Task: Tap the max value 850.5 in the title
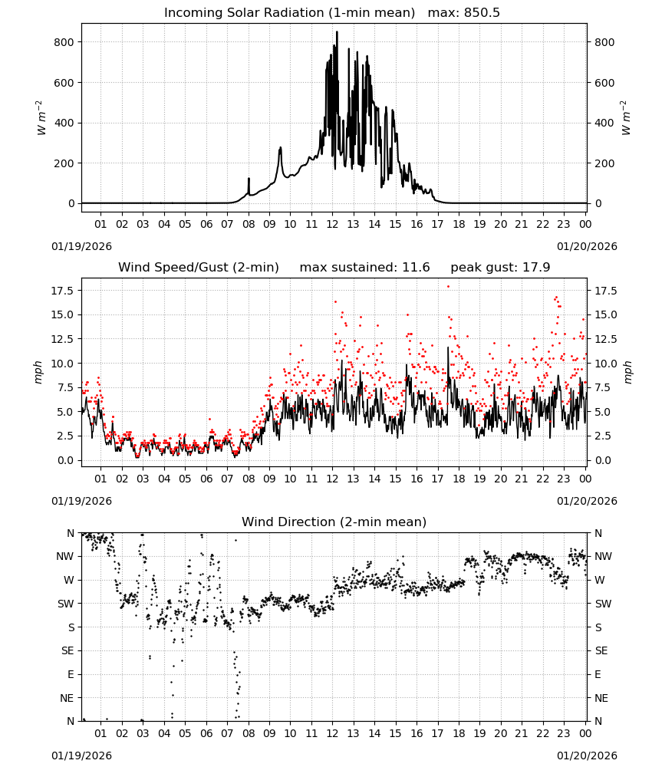482,13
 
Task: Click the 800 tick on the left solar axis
64,42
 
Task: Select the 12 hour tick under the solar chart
333,224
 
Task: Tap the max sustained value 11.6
416,268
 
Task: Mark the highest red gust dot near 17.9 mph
448,287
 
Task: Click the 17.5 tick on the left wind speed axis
62,291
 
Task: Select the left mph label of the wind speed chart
38,372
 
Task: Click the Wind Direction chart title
334,522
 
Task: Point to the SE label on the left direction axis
68,650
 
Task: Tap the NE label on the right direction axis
601,698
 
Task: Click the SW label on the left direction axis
66,604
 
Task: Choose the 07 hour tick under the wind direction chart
227,733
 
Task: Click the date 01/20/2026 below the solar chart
587,246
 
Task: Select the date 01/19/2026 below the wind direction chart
81,755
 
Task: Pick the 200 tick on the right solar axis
604,163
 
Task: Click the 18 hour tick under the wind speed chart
459,479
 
